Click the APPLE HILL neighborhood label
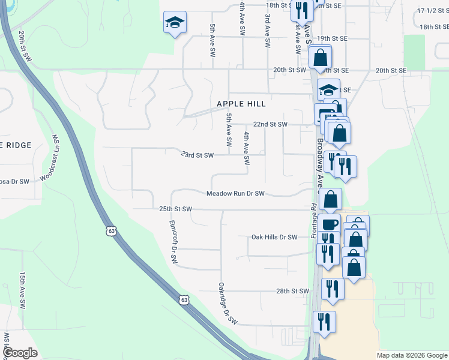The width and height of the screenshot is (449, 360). pyautogui.click(x=241, y=104)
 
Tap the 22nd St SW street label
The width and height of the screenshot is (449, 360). pyautogui.click(x=270, y=124)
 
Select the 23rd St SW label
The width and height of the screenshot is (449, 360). pyautogui.click(x=197, y=155)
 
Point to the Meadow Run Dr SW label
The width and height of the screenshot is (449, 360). pyautogui.click(x=236, y=194)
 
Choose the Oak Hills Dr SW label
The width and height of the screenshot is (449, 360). pyautogui.click(x=274, y=237)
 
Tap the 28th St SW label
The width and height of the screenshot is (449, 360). pyautogui.click(x=292, y=291)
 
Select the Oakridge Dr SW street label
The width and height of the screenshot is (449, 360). pyautogui.click(x=228, y=304)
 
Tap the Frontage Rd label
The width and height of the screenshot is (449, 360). pyautogui.click(x=314, y=221)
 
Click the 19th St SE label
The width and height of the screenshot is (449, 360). pyautogui.click(x=333, y=38)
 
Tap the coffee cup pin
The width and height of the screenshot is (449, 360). pyautogui.click(x=330, y=224)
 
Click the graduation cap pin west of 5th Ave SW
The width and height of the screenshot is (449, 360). pyautogui.click(x=175, y=23)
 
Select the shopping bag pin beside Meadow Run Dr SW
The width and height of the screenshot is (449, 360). pyautogui.click(x=330, y=199)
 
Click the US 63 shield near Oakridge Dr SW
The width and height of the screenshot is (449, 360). pyautogui.click(x=184, y=299)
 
